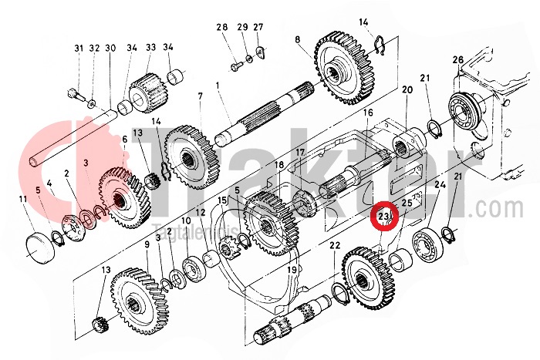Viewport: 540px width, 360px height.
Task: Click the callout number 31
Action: point(78,49)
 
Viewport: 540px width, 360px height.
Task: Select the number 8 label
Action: point(297,39)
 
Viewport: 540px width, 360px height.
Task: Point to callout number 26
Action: point(457,60)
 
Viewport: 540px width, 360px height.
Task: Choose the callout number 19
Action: point(292,271)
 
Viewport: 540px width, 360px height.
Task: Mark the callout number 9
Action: point(146,244)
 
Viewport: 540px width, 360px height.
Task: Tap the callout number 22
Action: point(335,245)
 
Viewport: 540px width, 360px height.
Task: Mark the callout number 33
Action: point(150,49)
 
